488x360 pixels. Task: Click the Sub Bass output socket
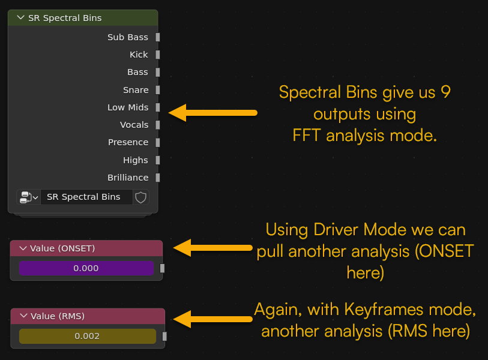pyautogui.click(x=158, y=37)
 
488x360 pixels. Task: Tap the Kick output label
pyautogui.click(x=139, y=55)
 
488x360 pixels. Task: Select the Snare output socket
pyautogui.click(x=158, y=90)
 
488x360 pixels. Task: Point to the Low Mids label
pyautogui.click(x=128, y=107)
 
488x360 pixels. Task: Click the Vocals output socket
pyautogui.click(x=158, y=125)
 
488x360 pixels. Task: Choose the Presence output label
pyautogui.click(x=128, y=142)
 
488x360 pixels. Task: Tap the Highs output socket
pyautogui.click(x=158, y=160)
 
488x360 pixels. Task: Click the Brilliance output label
pyautogui.click(x=128, y=178)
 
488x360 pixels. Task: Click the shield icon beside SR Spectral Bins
pyautogui.click(x=140, y=197)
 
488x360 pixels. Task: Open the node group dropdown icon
pyautogui.click(x=29, y=197)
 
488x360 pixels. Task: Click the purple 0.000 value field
pyautogui.click(x=86, y=268)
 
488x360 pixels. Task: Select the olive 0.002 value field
pyautogui.click(x=88, y=336)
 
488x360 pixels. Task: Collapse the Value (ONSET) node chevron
pyautogui.click(x=23, y=248)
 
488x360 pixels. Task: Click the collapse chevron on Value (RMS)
pyautogui.click(x=23, y=316)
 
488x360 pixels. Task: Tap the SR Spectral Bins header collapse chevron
pyautogui.click(x=21, y=18)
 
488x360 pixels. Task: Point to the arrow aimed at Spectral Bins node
pyautogui.click(x=213, y=113)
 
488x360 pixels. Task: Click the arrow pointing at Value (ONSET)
pyautogui.click(x=213, y=248)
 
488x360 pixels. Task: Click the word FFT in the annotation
pyautogui.click(x=307, y=136)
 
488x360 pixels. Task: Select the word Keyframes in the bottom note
pyautogui.click(x=384, y=310)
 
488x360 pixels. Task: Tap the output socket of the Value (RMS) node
pyautogui.click(x=164, y=336)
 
